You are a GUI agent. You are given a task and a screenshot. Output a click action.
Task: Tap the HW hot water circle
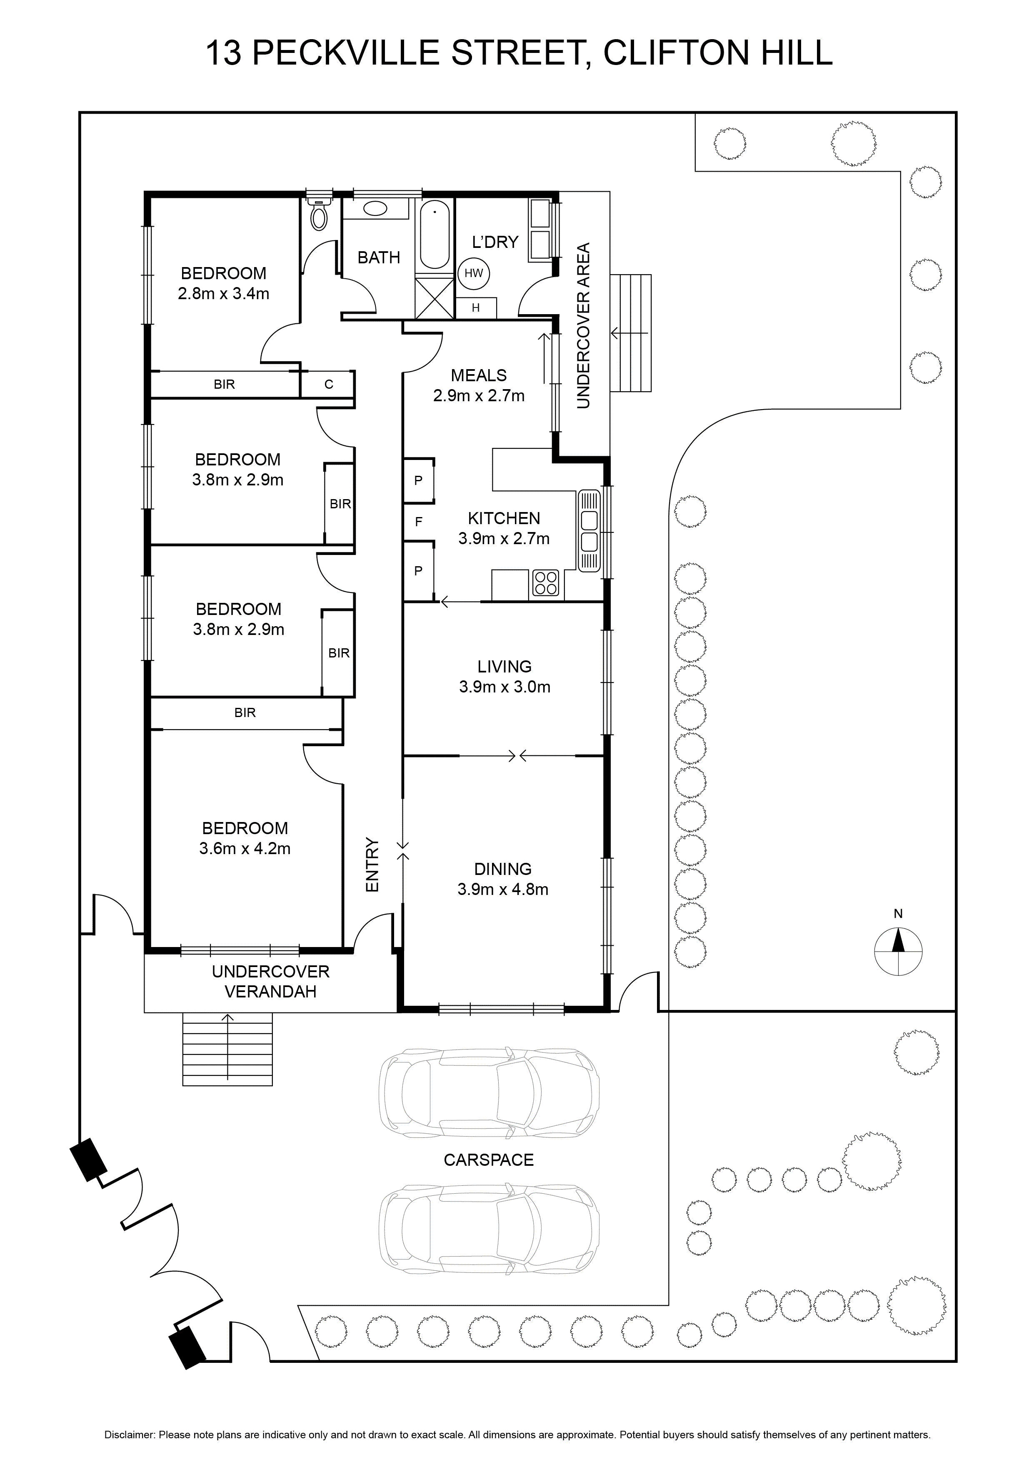(474, 273)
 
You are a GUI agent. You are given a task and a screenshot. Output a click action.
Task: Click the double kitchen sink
(589, 530)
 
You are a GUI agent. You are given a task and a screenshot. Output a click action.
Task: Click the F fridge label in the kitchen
(418, 522)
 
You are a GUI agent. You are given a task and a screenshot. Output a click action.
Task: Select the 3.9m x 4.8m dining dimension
(503, 890)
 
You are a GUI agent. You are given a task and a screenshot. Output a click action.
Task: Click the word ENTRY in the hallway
(372, 865)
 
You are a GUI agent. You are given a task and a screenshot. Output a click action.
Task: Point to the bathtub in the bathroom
(435, 234)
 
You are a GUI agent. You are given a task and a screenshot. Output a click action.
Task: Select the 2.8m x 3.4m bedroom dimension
(223, 294)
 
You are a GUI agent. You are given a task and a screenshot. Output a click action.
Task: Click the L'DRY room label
(495, 242)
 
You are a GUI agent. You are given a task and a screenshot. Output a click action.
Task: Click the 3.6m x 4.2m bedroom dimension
(245, 849)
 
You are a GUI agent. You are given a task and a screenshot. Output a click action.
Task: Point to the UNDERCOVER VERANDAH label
(271, 981)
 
